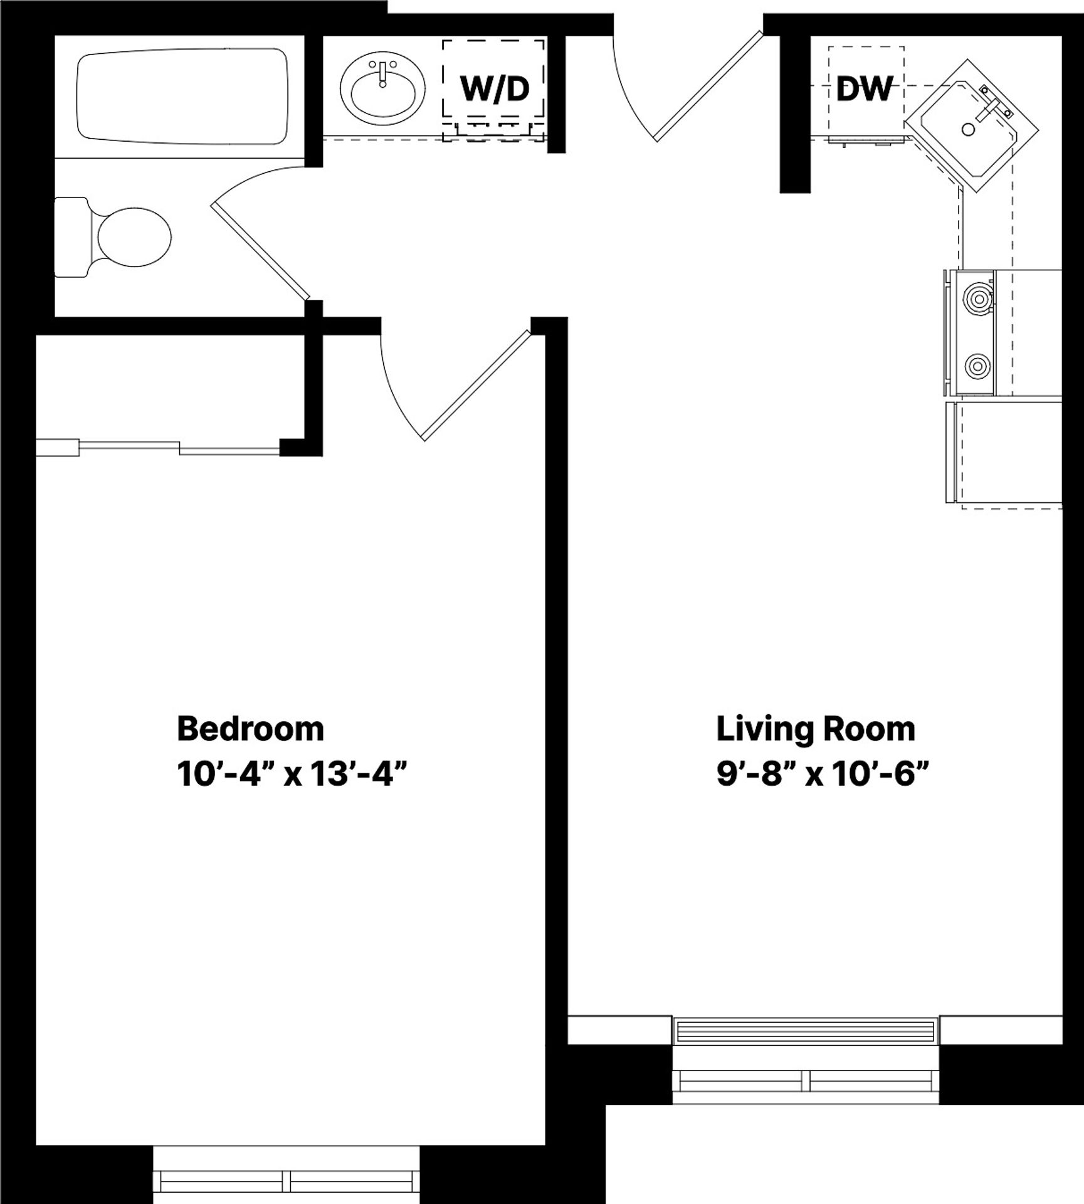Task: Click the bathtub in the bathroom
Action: coord(182,97)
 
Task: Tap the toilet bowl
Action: coord(134,237)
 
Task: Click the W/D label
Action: coord(495,89)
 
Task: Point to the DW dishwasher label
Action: coord(864,89)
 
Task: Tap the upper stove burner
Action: coord(977,298)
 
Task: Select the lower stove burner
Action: coord(977,366)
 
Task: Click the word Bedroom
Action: coord(250,729)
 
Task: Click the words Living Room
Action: coord(815,729)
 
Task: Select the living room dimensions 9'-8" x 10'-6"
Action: coord(821,775)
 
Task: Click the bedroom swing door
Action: coord(475,384)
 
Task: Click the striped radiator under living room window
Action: coord(806,1031)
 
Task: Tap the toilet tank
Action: coord(70,237)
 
